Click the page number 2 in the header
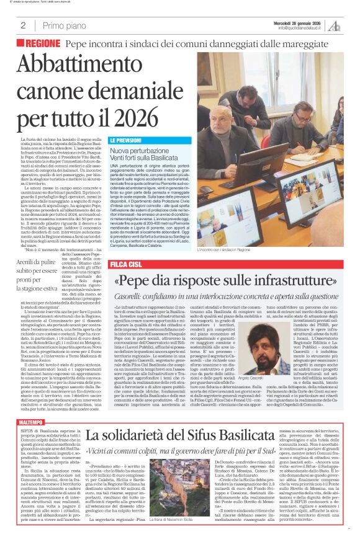click(x=23, y=25)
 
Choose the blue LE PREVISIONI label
click(x=129, y=140)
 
